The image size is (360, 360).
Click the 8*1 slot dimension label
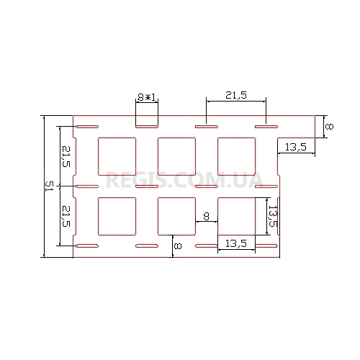(x=147, y=97)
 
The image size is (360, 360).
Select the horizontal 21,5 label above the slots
(x=236, y=96)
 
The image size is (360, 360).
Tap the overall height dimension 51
(x=49, y=186)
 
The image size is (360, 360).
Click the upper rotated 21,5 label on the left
(x=66, y=156)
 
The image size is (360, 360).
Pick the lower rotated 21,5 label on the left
(x=66, y=216)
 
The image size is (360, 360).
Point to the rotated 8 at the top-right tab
(x=329, y=127)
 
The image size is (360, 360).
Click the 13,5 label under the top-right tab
(x=296, y=147)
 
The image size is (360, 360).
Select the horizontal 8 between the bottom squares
(x=206, y=216)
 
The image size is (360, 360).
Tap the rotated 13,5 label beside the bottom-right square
(x=273, y=216)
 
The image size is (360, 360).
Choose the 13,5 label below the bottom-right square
(x=236, y=243)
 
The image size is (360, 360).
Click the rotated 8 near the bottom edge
(x=178, y=246)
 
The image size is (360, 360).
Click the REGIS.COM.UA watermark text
(x=184, y=180)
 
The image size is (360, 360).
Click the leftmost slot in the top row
(x=87, y=127)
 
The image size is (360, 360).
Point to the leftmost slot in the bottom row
(x=87, y=246)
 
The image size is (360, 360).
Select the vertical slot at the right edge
(x=279, y=216)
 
